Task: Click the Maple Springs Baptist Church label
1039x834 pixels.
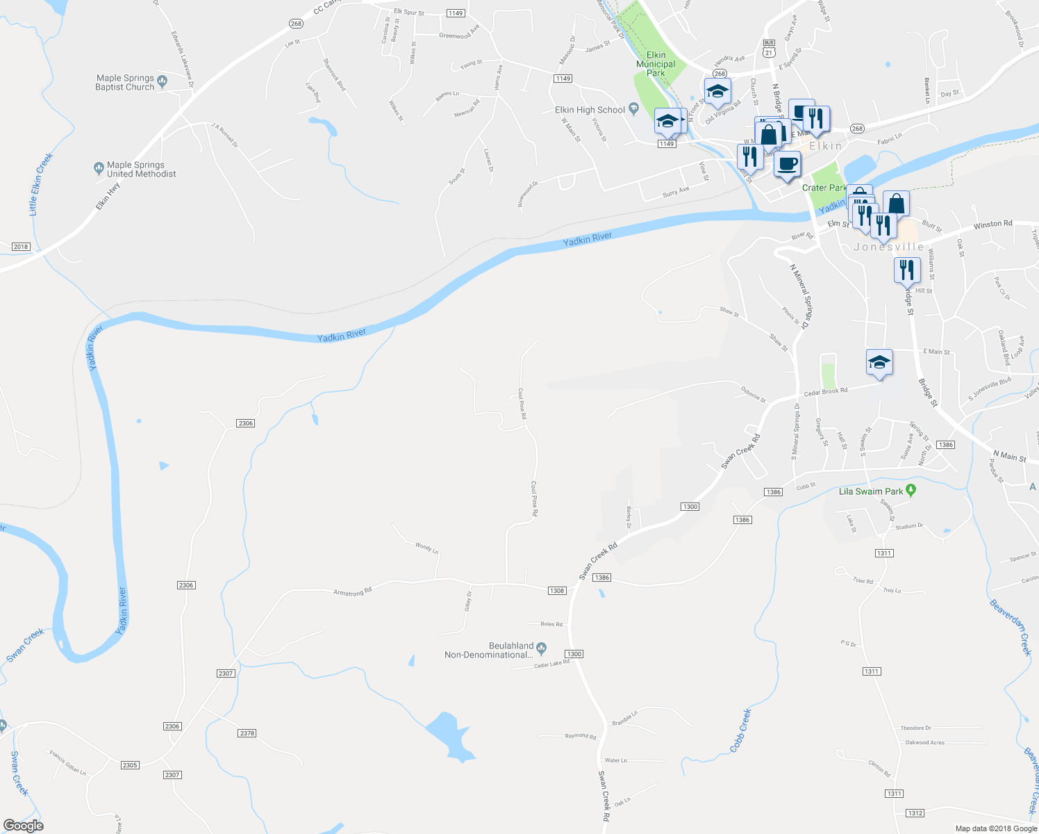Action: click(x=125, y=83)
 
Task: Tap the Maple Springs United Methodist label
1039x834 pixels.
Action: click(x=141, y=170)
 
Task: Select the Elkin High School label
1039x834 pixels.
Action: click(x=590, y=110)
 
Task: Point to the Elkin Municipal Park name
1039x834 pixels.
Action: click(x=656, y=64)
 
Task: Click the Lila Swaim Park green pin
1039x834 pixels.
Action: click(x=912, y=491)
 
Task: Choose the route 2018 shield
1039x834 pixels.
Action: click(x=21, y=247)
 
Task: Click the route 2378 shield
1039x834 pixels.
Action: click(x=247, y=733)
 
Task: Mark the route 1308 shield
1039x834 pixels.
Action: click(x=557, y=591)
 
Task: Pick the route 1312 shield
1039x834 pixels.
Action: click(x=915, y=813)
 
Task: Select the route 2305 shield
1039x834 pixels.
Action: click(x=130, y=765)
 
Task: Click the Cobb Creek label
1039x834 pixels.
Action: click(x=740, y=730)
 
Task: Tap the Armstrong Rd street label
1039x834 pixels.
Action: click(x=352, y=591)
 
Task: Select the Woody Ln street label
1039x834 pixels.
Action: click(x=426, y=548)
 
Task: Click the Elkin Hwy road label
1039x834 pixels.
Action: click(x=108, y=196)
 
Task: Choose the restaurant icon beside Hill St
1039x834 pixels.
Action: click(x=906, y=269)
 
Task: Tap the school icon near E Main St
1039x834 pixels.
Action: click(x=879, y=362)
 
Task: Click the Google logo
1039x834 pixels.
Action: click(x=23, y=826)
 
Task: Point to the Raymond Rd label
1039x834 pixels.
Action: click(x=580, y=736)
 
